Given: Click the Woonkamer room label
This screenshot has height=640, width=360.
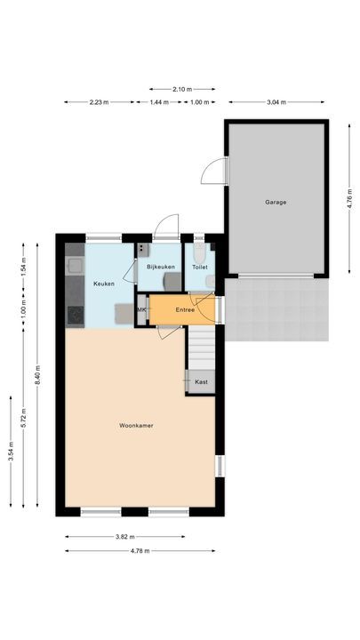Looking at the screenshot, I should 136,426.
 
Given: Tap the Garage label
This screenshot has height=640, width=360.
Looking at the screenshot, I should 276,202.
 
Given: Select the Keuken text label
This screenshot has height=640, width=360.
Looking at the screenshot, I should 104,284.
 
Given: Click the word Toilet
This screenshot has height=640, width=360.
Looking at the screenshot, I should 200,267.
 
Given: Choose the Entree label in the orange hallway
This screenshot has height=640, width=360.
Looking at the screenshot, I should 185,310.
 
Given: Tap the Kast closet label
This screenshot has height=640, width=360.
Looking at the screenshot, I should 201,382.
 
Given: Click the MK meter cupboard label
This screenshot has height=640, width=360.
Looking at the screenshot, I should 140,309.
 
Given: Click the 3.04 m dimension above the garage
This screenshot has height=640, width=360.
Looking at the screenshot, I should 276,102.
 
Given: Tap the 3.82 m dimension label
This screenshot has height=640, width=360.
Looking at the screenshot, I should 124,537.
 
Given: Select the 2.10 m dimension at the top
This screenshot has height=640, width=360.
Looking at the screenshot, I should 182,89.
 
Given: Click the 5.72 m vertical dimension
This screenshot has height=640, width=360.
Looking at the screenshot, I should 24,415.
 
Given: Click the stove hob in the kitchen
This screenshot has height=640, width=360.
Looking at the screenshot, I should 73,314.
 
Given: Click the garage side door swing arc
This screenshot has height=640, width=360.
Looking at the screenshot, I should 212,171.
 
